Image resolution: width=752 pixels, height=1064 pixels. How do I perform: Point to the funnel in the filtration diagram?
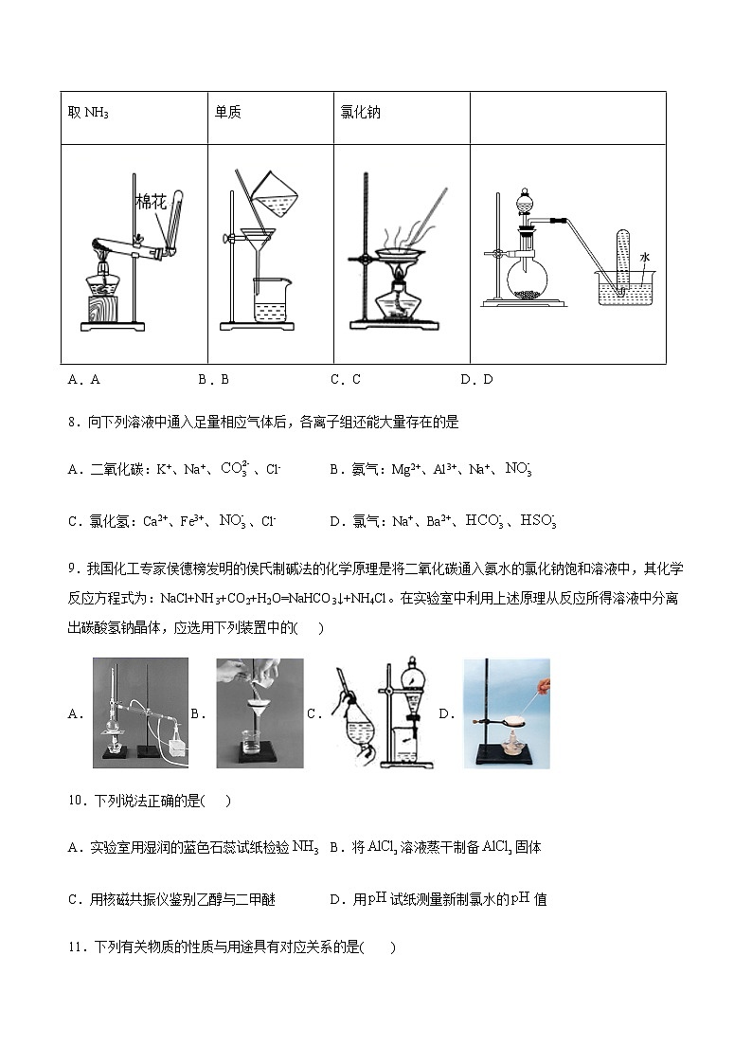(268, 238)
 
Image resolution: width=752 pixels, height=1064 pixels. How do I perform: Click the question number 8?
(72, 423)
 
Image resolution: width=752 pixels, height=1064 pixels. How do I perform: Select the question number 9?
(72, 568)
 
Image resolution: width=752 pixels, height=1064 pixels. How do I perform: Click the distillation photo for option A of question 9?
(140, 712)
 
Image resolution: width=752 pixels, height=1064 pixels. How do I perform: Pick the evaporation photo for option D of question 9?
(507, 712)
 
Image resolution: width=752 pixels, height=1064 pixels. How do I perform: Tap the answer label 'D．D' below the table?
(476, 380)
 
